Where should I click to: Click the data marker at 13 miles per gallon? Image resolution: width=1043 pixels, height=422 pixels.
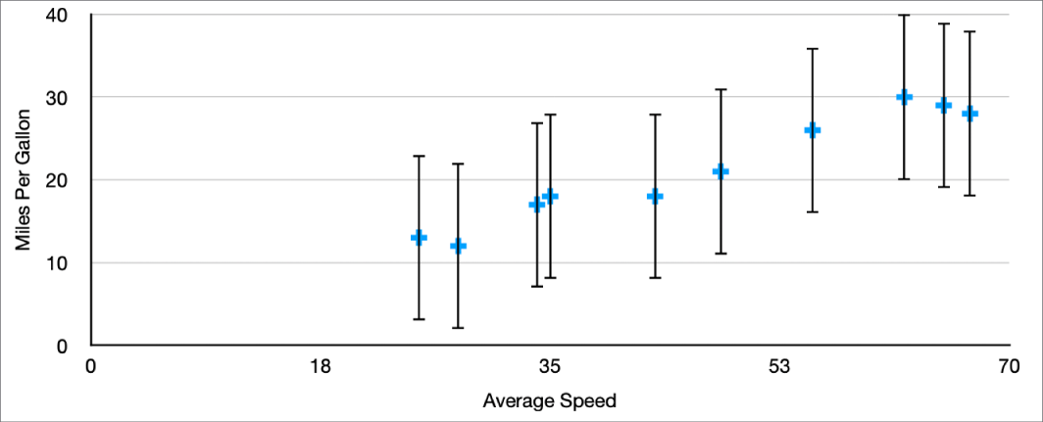(419, 238)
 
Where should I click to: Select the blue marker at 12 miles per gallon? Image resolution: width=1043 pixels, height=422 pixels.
(458, 246)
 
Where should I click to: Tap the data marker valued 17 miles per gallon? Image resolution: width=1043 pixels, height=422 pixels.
(536, 205)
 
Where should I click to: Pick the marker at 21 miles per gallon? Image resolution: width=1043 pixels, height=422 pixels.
(720, 171)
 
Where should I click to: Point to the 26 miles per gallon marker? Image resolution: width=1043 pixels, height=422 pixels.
(813, 130)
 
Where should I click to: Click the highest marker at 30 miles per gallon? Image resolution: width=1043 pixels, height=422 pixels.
(904, 97)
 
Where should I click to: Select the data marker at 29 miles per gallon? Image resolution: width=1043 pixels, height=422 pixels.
(943, 105)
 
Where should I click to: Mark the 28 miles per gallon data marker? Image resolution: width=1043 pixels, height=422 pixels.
(969, 114)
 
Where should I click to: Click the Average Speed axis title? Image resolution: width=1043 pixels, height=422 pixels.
(550, 400)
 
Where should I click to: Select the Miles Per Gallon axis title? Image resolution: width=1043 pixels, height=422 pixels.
(24, 181)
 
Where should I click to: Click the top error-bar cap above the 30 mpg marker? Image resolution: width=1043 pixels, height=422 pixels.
(904, 16)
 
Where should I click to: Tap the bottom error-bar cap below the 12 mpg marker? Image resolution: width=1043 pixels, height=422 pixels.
(458, 327)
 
